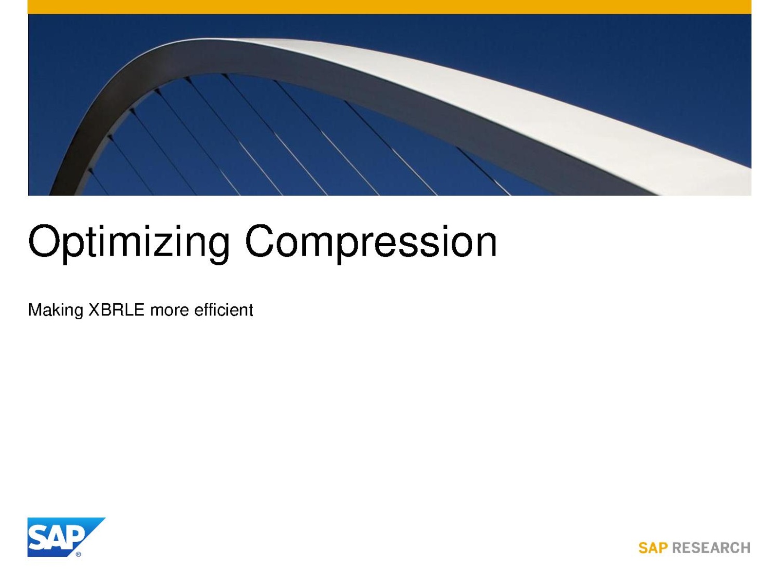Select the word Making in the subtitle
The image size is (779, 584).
click(x=56, y=310)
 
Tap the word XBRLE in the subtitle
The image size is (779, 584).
click(x=116, y=310)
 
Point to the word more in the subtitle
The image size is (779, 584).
click(x=169, y=311)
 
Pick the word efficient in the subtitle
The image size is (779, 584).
click(x=223, y=310)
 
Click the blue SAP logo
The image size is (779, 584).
click(x=66, y=537)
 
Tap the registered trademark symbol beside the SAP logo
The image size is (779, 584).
click(x=78, y=554)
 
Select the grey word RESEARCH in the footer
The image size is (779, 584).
click(x=711, y=548)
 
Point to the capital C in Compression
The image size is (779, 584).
click(x=260, y=241)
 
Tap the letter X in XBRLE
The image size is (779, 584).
click(x=95, y=310)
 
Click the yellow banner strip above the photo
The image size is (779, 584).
click(x=389, y=7)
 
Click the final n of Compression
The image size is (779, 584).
click(x=486, y=245)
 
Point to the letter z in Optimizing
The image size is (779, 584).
click(x=164, y=245)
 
